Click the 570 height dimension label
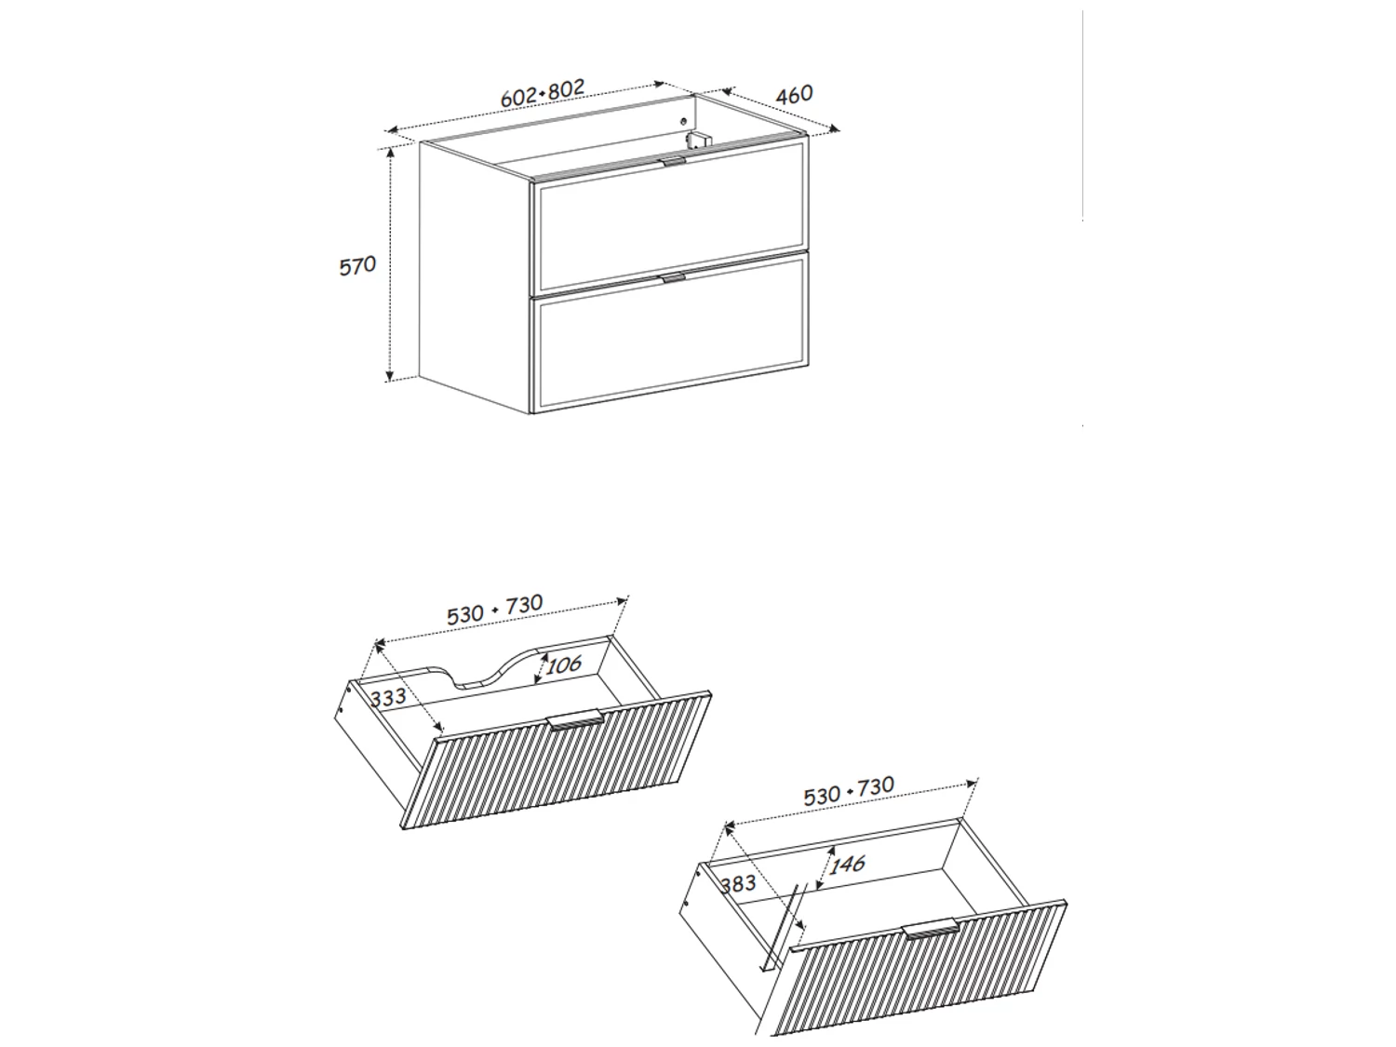(x=357, y=266)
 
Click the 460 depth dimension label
(x=795, y=94)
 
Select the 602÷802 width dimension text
(x=543, y=93)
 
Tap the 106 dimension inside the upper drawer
(x=563, y=664)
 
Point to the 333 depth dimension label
(x=388, y=697)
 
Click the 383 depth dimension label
(x=738, y=883)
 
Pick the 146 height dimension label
(x=847, y=864)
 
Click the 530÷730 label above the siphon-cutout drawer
(x=495, y=610)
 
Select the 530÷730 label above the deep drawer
(x=849, y=791)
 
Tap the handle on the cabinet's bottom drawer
(x=673, y=277)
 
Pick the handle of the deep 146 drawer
(x=931, y=928)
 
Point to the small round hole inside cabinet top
(x=683, y=121)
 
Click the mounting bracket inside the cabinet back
(x=700, y=141)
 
